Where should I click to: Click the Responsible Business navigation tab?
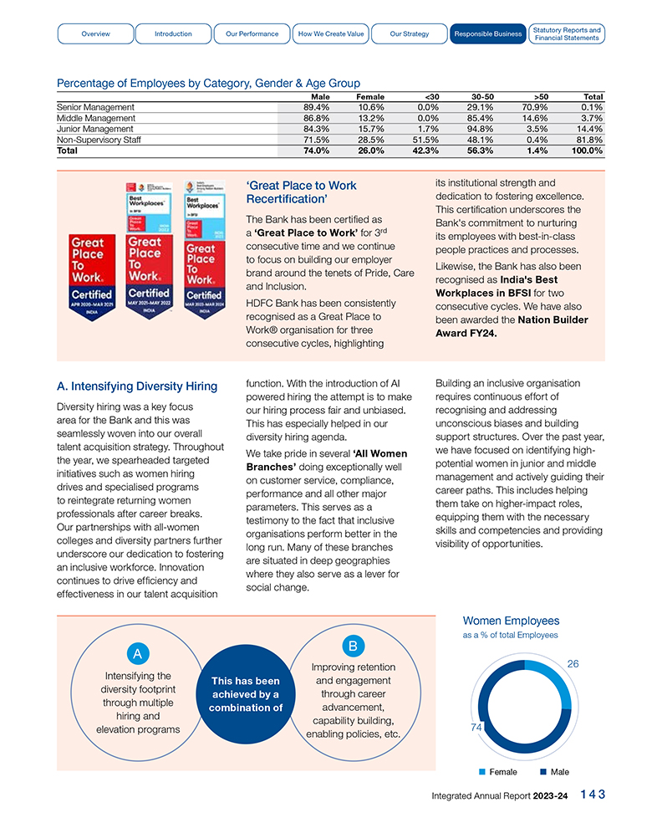pyautogui.click(x=486, y=33)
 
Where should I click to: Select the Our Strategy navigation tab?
pyautogui.click(x=410, y=33)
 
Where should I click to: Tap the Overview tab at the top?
pyautogui.click(x=95, y=33)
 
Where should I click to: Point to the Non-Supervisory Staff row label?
pyautogui.click(x=99, y=141)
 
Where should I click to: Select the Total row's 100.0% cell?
pyautogui.click(x=588, y=151)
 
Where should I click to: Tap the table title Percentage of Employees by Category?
pyautogui.click(x=208, y=83)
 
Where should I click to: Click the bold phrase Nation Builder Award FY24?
pyautogui.click(x=512, y=326)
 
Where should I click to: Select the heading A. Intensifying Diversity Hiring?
pyautogui.click(x=135, y=386)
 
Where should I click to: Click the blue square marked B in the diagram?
pyautogui.click(x=353, y=646)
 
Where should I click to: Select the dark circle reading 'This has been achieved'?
pyautogui.click(x=246, y=694)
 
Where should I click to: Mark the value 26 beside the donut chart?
pyautogui.click(x=573, y=663)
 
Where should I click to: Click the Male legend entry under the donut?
pyautogui.click(x=554, y=772)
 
